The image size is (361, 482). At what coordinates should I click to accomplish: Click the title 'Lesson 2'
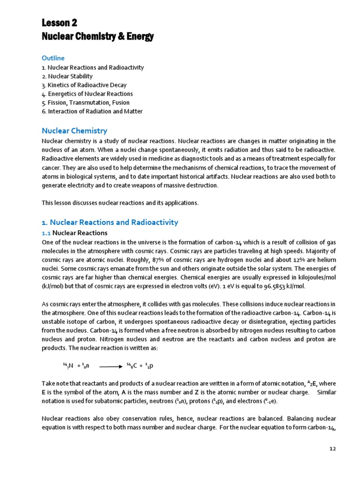[59, 23]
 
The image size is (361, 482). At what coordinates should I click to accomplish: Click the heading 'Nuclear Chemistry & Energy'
[98, 37]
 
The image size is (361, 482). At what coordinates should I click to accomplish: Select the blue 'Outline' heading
[53, 58]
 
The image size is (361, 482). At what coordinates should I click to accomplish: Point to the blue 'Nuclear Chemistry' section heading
[75, 131]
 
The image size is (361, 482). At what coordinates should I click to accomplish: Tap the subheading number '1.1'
[46, 233]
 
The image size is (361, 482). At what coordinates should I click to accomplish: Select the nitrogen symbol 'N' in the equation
[71, 365]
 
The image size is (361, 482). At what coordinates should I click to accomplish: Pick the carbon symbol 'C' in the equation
[135, 365]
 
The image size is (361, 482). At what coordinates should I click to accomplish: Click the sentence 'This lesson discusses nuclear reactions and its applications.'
[120, 203]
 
